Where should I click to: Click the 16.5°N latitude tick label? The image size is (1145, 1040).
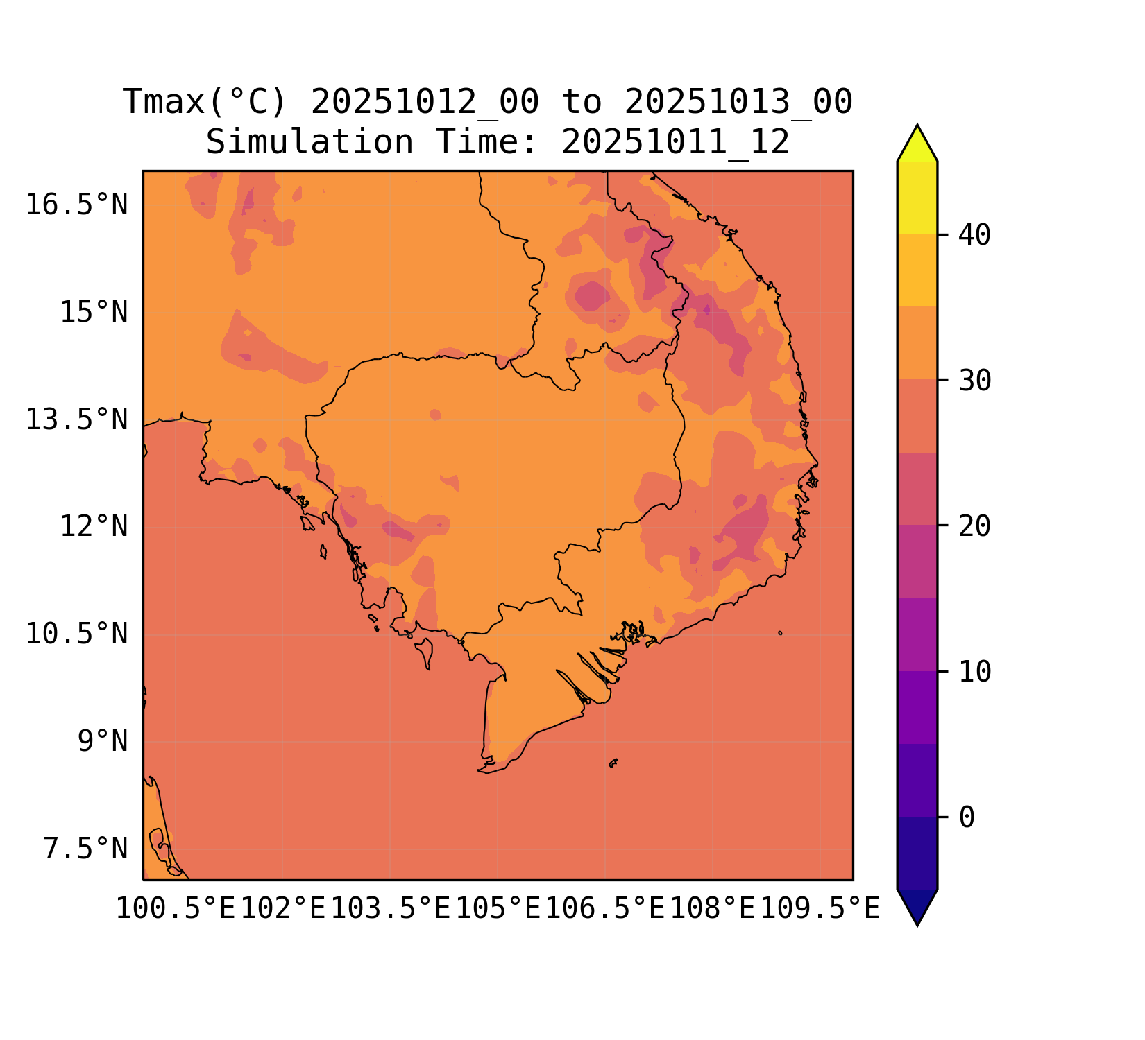77,205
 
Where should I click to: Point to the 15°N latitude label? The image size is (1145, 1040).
94,313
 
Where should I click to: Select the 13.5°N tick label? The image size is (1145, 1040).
77,420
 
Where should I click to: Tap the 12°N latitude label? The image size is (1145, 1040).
94,527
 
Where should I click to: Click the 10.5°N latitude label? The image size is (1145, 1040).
77,634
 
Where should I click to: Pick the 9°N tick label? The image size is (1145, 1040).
103,742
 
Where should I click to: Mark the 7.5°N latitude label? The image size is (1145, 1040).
86,849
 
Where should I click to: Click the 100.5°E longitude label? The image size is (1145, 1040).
176,909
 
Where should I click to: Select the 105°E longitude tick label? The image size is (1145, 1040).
498,909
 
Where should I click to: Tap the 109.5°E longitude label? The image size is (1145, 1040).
820,909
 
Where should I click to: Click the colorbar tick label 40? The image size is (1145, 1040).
974,236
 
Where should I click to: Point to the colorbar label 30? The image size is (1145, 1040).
974,381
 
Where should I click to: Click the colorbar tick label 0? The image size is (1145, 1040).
967,817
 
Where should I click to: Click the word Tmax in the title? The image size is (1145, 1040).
164,103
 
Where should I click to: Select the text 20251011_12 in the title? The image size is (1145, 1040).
675,143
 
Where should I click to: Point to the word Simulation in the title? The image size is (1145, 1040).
309,143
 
